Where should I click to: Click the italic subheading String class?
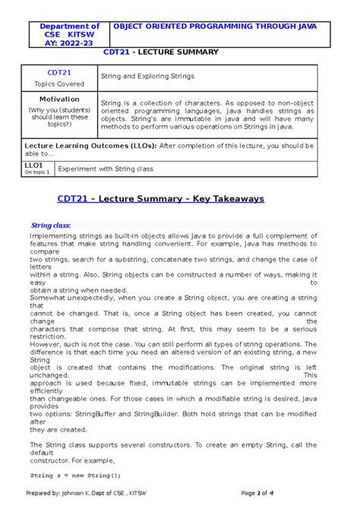pos(50,225)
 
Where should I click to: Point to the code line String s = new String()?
pos(75,475)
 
